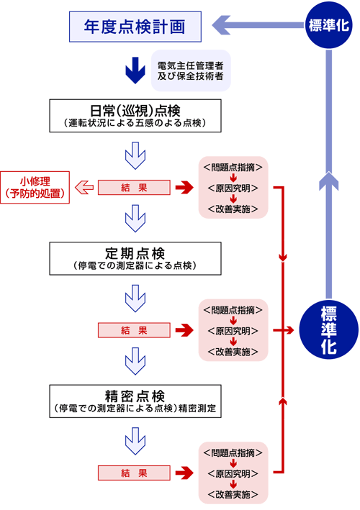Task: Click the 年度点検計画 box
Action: coord(135,27)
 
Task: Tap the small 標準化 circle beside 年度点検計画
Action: coord(329,25)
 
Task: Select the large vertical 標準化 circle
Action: coord(329,329)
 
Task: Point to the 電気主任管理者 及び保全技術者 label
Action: coord(191,70)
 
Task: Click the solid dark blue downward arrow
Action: coord(135,70)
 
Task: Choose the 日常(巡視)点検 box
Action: coord(135,116)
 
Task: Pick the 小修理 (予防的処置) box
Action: coord(35,187)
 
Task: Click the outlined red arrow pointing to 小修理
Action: coord(84,188)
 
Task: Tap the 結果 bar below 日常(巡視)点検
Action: coord(134,188)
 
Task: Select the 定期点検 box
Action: coord(135,258)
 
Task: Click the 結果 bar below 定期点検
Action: coord(134,330)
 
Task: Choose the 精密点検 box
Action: coord(135,401)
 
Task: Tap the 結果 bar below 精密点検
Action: coord(134,473)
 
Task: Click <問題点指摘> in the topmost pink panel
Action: coord(233,168)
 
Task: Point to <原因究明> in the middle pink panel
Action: coord(233,331)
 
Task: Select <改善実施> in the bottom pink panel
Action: coord(233,495)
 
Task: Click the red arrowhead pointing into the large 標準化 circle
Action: coord(290,330)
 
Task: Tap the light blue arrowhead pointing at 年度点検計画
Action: coord(221,25)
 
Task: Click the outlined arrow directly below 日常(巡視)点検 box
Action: coord(135,155)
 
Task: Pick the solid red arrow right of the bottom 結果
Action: coord(184,473)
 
